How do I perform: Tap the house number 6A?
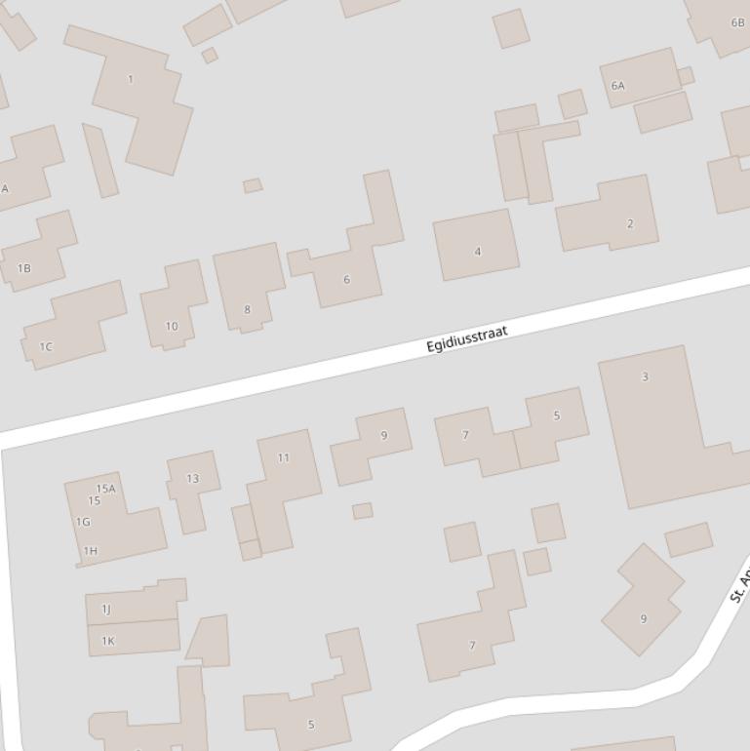pos(617,86)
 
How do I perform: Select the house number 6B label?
pos(737,22)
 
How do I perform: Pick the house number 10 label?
pos(172,326)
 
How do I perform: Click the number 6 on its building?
pos(346,279)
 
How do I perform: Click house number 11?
pos(283,457)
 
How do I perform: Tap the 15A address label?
pos(105,489)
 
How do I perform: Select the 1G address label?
pos(83,522)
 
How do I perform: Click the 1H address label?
pos(91,551)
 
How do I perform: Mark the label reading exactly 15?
pos(94,501)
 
